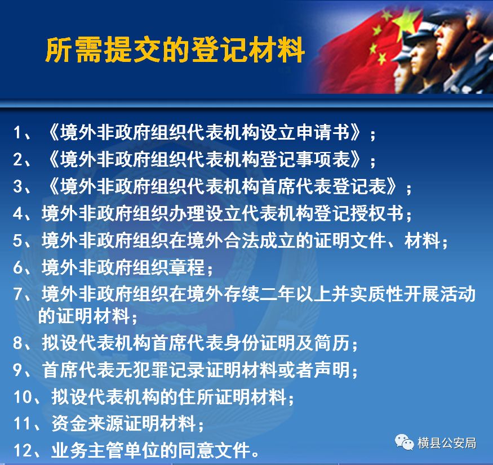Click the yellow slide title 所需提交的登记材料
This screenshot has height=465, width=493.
(x=175, y=50)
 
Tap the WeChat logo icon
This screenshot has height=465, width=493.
(x=405, y=442)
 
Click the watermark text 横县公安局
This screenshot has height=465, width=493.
(x=447, y=443)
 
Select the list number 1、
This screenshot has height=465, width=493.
(x=22, y=132)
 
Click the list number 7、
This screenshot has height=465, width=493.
(x=22, y=294)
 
